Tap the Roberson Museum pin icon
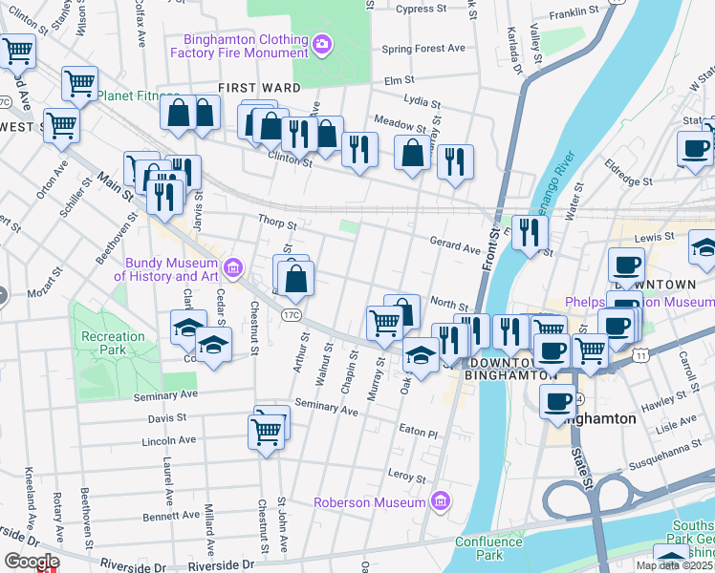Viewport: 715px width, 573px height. click(440, 500)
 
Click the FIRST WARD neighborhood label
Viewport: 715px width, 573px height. click(252, 88)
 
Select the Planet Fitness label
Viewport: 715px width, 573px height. click(138, 96)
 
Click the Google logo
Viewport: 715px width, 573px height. click(31, 562)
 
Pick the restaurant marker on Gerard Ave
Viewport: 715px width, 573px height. click(529, 231)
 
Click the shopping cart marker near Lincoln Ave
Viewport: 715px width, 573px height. click(266, 432)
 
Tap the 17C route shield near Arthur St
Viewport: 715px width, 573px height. click(292, 313)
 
